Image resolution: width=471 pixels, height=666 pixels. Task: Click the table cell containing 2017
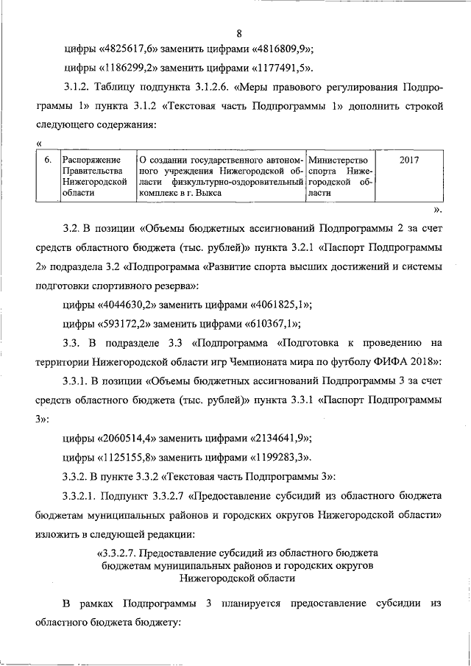point(408,159)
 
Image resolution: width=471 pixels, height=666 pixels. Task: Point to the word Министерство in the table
point(338,159)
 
